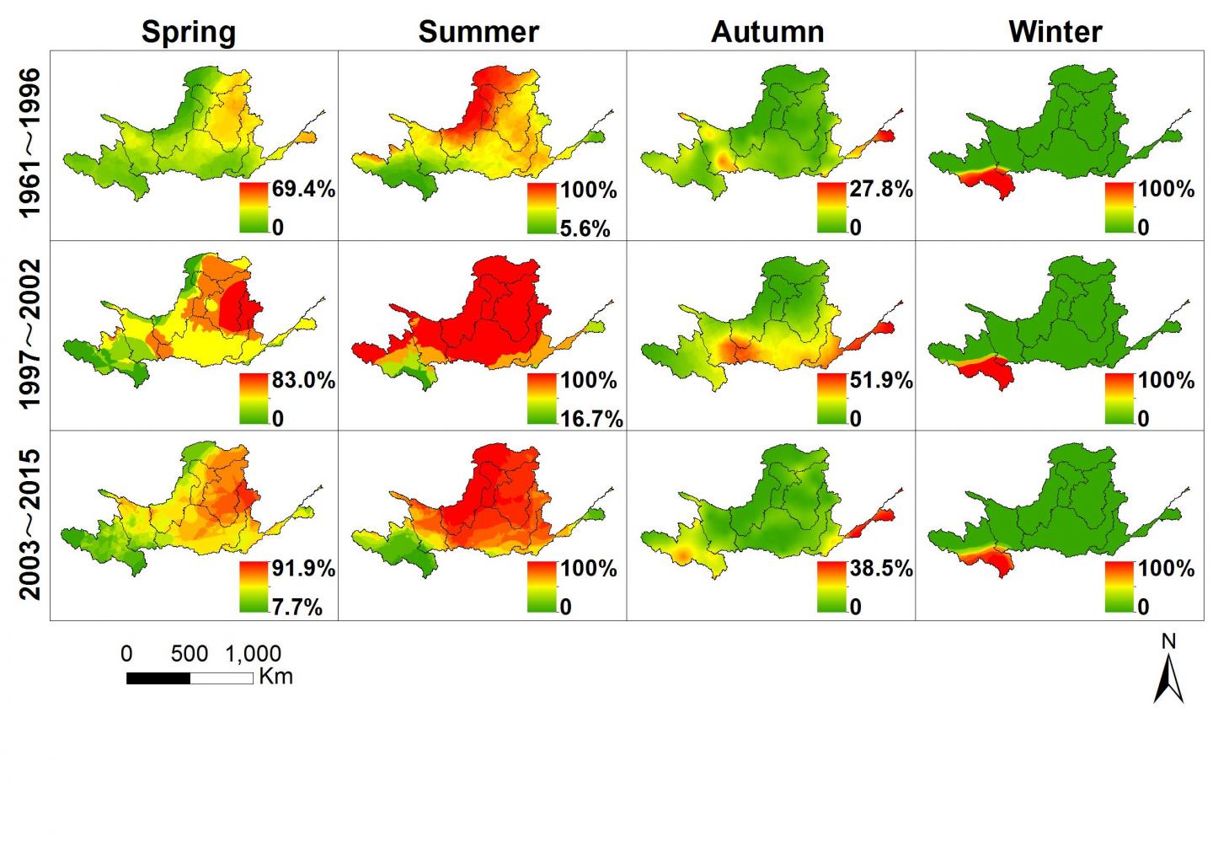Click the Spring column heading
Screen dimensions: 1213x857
[189, 33]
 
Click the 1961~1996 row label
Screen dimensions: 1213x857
[29, 143]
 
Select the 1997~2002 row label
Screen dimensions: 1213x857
[29, 334]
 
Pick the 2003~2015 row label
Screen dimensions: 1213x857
[29, 524]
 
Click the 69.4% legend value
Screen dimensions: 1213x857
[303, 189]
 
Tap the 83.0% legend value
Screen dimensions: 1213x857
[303, 380]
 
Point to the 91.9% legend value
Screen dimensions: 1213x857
[303, 569]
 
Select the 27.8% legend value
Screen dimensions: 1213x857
[881, 189]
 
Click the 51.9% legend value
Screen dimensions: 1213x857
[881, 380]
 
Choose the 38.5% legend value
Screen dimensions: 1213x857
[881, 569]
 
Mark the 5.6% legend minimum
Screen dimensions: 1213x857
[585, 229]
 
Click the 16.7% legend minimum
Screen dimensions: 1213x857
[591, 420]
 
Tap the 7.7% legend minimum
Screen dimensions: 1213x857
[297, 608]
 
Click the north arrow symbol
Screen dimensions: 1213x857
[1168, 678]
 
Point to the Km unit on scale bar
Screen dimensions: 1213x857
[275, 677]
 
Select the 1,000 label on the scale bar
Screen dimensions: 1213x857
[253, 655]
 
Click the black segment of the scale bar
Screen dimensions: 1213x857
[158, 678]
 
